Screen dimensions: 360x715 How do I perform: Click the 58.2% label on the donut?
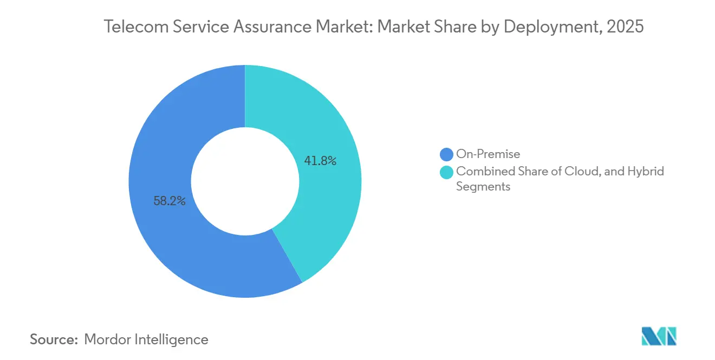[170, 201]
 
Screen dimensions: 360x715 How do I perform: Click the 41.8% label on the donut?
[321, 161]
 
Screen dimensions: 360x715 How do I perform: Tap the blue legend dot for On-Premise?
[447, 155]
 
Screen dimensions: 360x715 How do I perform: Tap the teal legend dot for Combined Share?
[447, 172]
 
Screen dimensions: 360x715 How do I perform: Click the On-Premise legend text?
[488, 155]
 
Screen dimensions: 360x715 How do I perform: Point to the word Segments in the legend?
[483, 187]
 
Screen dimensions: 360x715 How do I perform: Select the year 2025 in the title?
[626, 27]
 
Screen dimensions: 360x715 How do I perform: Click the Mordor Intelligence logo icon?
[659, 337]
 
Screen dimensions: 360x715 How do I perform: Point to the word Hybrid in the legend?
[646, 172]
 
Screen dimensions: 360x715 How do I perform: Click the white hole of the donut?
[245, 181]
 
